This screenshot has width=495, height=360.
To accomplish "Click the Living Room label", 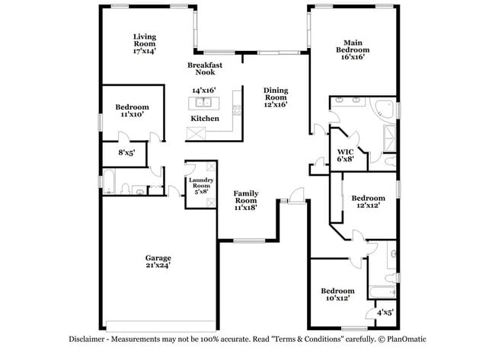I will pyautogui.click(x=145, y=43).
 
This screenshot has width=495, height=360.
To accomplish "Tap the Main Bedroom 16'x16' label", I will pyautogui.click(x=352, y=49).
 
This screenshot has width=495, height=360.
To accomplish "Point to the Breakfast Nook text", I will pyautogui.click(x=205, y=68).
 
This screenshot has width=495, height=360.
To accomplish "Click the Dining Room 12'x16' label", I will pyautogui.click(x=276, y=97).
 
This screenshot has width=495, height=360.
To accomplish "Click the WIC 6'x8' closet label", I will pyautogui.click(x=346, y=156).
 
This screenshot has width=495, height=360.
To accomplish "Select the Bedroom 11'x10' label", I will pyautogui.click(x=132, y=111).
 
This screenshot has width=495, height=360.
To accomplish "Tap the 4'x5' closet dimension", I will pyautogui.click(x=386, y=312).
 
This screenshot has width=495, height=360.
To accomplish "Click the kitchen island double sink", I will pyautogui.click(x=204, y=102).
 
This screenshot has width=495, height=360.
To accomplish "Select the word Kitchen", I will pyautogui.click(x=205, y=119).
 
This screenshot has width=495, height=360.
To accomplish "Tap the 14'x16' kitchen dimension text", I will pyautogui.click(x=204, y=90).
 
